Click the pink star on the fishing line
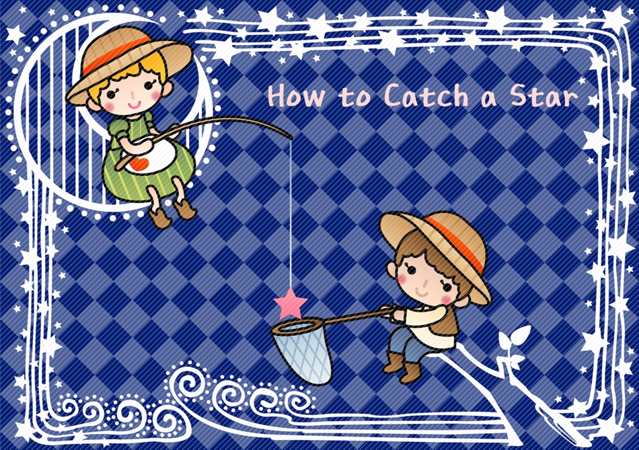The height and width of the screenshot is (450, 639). [291, 303]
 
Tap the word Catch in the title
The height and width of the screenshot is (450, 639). [426, 95]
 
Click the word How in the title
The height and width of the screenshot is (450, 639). [296, 96]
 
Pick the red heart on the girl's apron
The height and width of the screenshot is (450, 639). [139, 163]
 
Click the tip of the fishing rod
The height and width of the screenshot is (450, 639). [291, 138]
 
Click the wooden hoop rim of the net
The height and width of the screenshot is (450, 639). [297, 326]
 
